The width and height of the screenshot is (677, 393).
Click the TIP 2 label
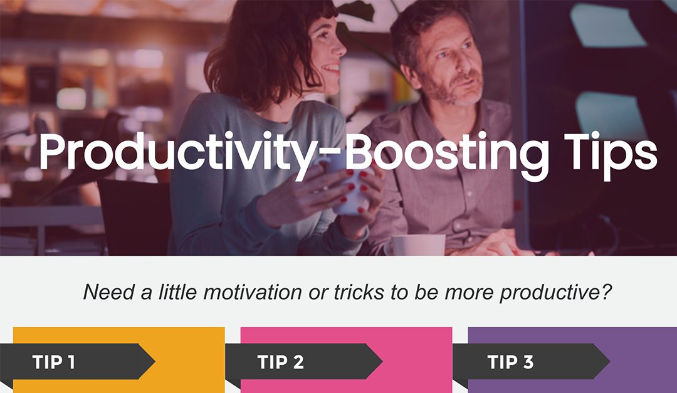(280, 362)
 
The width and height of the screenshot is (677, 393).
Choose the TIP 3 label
(510, 362)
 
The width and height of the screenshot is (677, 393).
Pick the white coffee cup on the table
(417, 245)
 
